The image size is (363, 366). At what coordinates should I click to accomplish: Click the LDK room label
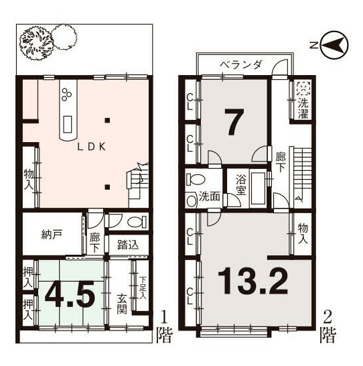click(92, 147)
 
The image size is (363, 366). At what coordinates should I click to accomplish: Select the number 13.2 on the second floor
click(252, 281)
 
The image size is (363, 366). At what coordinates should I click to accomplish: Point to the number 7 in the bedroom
click(234, 122)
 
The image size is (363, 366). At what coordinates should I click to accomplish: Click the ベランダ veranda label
click(241, 64)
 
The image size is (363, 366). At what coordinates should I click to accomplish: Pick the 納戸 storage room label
click(52, 235)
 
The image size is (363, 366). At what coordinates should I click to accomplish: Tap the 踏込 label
click(128, 245)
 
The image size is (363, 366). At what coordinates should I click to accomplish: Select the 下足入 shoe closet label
click(143, 288)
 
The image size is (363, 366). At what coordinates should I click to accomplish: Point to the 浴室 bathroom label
click(240, 185)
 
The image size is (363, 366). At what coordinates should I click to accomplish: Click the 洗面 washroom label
click(210, 196)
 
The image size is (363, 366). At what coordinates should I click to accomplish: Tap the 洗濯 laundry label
click(303, 109)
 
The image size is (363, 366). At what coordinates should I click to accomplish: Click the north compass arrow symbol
click(334, 45)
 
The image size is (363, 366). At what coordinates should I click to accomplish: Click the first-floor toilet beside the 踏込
click(137, 222)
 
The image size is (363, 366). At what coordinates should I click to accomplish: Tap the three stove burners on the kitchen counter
click(67, 95)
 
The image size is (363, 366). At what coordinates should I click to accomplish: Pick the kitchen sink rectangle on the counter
click(68, 125)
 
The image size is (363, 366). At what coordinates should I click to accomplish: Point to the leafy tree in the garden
click(36, 43)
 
